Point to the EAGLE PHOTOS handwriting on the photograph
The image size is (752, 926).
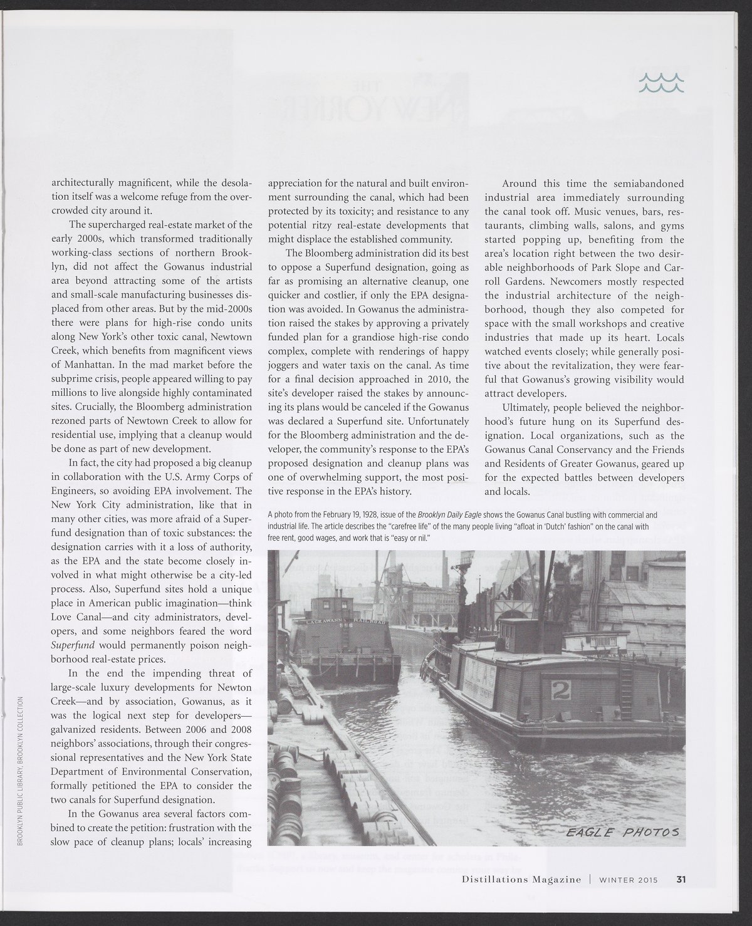[622, 832]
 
